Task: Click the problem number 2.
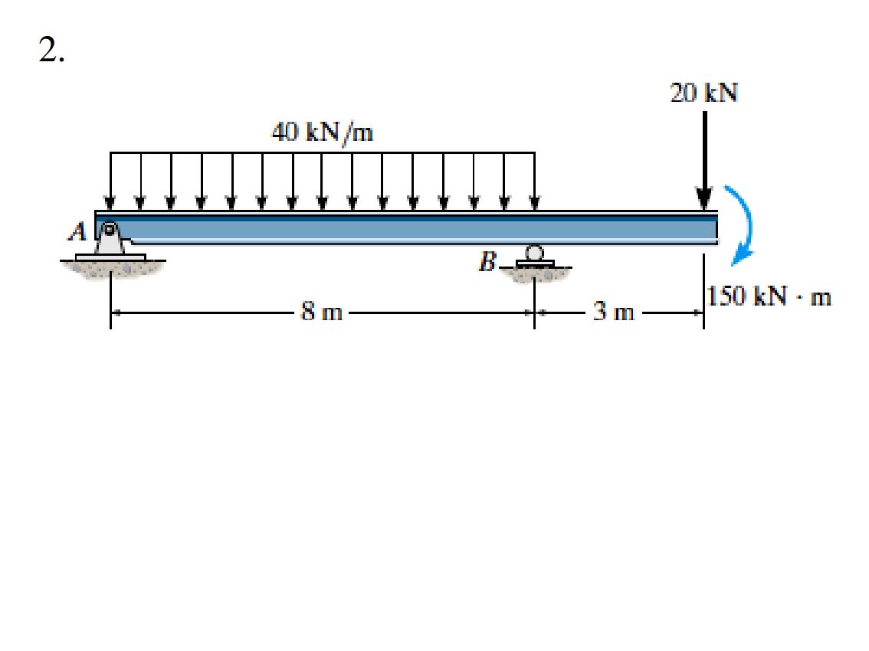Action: pyautogui.click(x=51, y=50)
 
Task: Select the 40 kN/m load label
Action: pyautogui.click(x=322, y=133)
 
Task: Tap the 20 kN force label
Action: pyautogui.click(x=703, y=93)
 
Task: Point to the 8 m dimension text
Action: pyautogui.click(x=322, y=312)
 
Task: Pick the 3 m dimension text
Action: pyautogui.click(x=615, y=312)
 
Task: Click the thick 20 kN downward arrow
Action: pyautogui.click(x=703, y=161)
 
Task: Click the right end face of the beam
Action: pyautogui.click(x=717, y=228)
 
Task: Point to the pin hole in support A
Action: pyautogui.click(x=110, y=228)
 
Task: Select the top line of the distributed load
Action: pyautogui.click(x=322, y=153)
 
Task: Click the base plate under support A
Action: pyautogui.click(x=110, y=256)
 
